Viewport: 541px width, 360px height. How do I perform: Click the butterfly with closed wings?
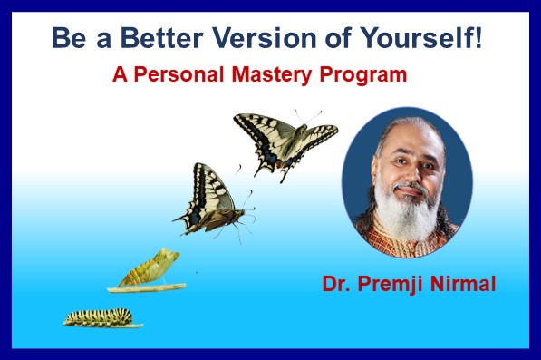[x=211, y=199]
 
